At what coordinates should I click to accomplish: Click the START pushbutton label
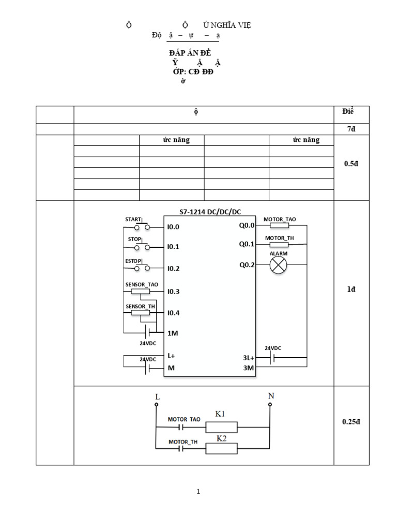click(x=133, y=220)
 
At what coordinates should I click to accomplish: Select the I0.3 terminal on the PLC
click(x=173, y=291)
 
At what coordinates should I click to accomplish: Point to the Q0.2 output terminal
click(x=247, y=265)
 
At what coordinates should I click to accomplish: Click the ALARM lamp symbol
click(x=279, y=266)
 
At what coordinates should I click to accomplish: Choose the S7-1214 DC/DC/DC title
click(x=210, y=211)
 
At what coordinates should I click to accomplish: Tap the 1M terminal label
click(x=173, y=333)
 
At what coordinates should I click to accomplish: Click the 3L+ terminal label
click(x=248, y=357)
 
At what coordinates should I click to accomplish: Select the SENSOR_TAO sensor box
click(x=140, y=291)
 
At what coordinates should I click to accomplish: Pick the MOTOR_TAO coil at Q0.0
click(x=279, y=226)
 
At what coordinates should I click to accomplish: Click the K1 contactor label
click(x=221, y=414)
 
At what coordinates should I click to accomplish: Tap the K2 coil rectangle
click(x=221, y=449)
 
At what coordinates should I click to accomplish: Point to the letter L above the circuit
click(x=157, y=397)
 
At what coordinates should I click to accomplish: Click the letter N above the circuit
click(x=270, y=396)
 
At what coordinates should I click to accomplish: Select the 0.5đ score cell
click(x=351, y=164)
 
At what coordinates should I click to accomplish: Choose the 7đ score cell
click(x=352, y=129)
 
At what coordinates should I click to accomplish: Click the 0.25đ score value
click(x=351, y=422)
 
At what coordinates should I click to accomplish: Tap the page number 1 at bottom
click(x=198, y=492)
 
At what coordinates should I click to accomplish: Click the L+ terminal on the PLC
click(x=172, y=356)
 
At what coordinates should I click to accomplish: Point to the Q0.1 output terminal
click(x=247, y=244)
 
